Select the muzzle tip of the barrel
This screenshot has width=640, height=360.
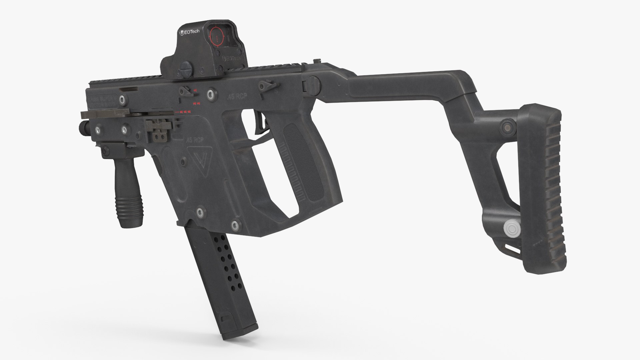[x=82, y=127]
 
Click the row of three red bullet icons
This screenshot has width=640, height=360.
[x=184, y=112]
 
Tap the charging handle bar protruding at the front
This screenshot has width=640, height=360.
[x=100, y=115]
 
